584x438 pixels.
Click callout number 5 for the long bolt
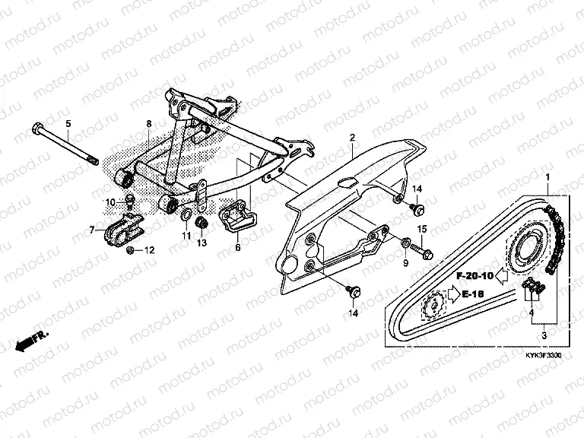(67, 123)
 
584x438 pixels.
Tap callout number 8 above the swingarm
(149, 123)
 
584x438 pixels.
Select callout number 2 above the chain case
(353, 138)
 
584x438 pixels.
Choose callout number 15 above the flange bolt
(422, 229)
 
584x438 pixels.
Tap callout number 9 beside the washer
(405, 262)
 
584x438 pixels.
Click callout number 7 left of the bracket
(92, 229)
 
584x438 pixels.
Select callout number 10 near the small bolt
(109, 202)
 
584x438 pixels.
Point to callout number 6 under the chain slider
(236, 247)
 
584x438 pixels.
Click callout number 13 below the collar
(202, 243)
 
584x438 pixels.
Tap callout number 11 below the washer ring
(186, 236)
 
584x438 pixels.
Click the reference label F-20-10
(476, 275)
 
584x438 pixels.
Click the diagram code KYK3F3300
(541, 354)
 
